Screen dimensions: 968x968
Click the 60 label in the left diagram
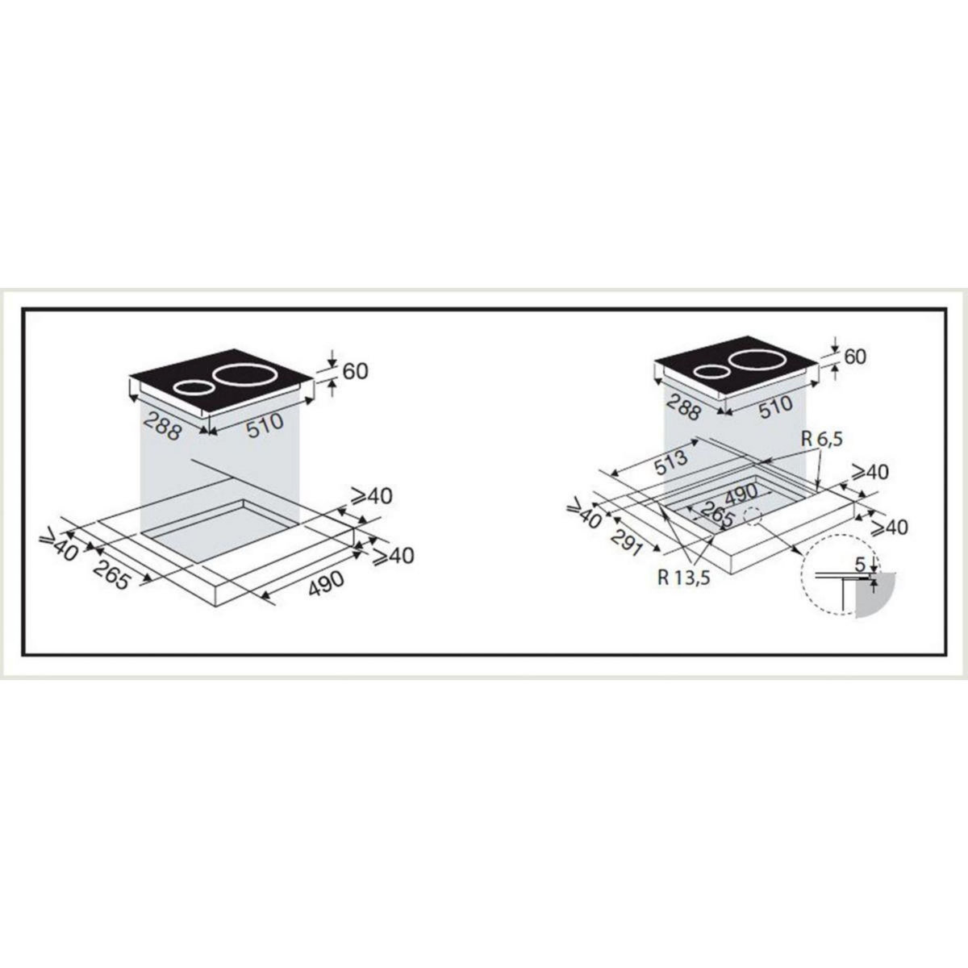tap(355, 371)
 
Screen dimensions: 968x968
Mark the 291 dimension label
tap(626, 540)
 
